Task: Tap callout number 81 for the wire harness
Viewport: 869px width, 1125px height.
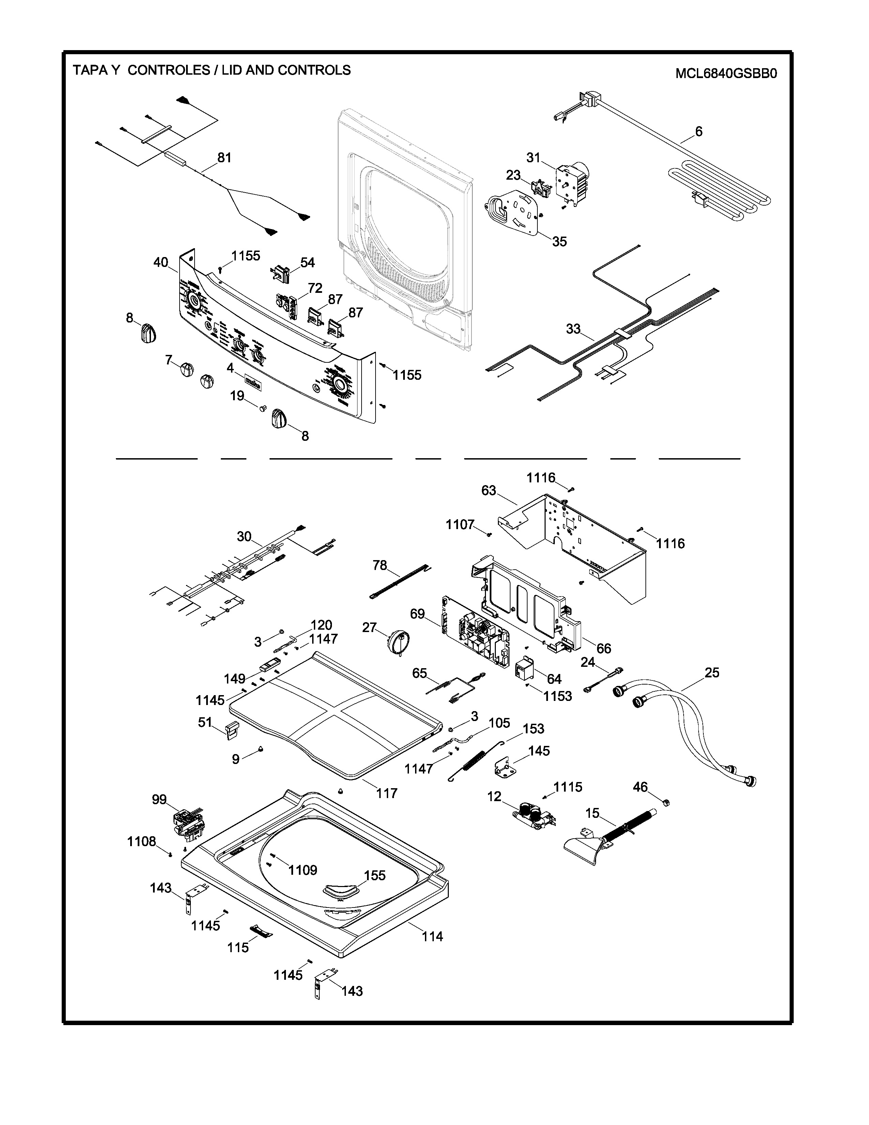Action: pyautogui.click(x=224, y=157)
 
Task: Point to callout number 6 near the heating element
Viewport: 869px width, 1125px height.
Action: pyautogui.click(x=699, y=132)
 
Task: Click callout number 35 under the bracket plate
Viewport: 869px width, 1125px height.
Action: pyautogui.click(x=559, y=242)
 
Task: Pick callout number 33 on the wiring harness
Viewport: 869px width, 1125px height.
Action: pyautogui.click(x=573, y=329)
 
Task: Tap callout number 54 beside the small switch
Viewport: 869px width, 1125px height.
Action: pyautogui.click(x=307, y=263)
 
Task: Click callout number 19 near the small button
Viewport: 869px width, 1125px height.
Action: pyautogui.click(x=237, y=396)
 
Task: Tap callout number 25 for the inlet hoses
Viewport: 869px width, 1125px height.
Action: pyautogui.click(x=712, y=673)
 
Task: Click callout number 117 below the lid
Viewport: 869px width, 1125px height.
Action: pyautogui.click(x=387, y=793)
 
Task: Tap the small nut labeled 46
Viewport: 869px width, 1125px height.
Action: pyautogui.click(x=664, y=802)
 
